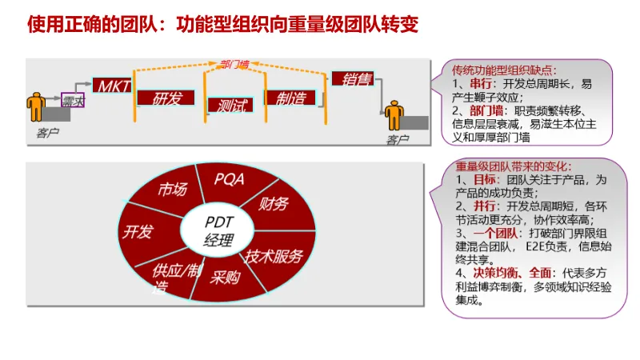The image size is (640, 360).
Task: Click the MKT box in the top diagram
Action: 111,85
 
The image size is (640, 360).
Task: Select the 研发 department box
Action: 167,98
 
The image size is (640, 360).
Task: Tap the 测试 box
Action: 230,105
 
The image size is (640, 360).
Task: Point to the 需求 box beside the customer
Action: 74,101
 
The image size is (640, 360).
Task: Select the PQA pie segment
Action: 229,179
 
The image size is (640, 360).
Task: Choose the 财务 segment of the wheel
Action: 273,204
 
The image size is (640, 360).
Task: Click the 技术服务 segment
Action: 274,257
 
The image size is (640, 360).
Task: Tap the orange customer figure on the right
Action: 394,117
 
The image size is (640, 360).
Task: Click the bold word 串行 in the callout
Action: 480,83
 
